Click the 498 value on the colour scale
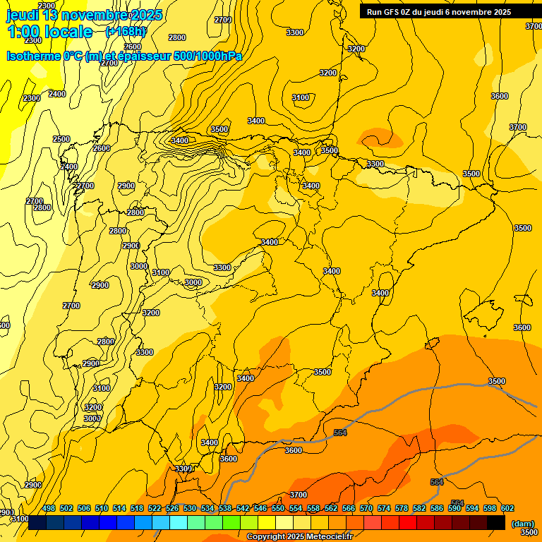click(49, 508)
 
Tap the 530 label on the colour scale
click(190, 508)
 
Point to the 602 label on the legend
click(507, 508)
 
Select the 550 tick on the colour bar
click(278, 508)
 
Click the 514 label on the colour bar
click(119, 508)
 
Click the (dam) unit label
click(522, 523)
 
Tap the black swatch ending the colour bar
click(496, 523)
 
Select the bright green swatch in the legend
click(231, 523)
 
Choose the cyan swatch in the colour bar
click(179, 523)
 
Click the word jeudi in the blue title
click(23, 15)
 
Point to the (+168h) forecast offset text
click(126, 32)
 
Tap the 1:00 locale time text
click(49, 32)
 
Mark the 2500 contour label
click(61, 139)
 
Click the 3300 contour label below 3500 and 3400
click(375, 164)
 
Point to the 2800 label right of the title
click(177, 37)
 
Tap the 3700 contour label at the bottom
click(299, 495)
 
